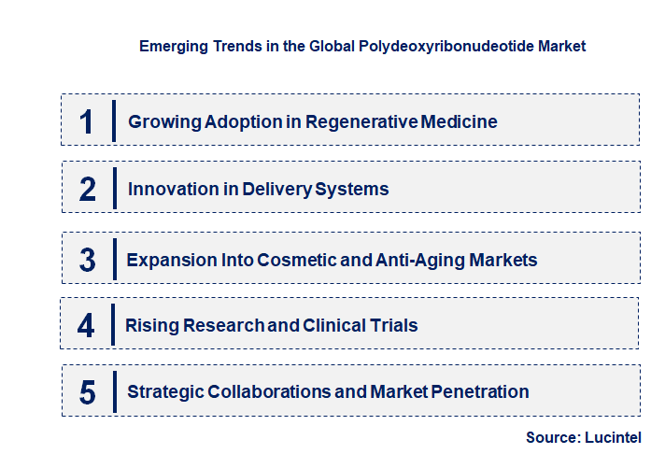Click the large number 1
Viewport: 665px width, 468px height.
pyautogui.click(x=87, y=121)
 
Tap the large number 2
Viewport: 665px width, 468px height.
pyautogui.click(x=88, y=189)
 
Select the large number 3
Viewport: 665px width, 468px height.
pyautogui.click(x=88, y=260)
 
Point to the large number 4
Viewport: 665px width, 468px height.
pyautogui.click(x=86, y=325)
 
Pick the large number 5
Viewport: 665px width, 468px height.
pyautogui.click(x=88, y=391)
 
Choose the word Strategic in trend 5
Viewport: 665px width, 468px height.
pyautogui.click(x=165, y=391)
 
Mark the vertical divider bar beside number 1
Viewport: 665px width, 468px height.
pyautogui.click(x=113, y=121)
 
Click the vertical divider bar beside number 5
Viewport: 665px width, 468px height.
pyautogui.click(x=113, y=390)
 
